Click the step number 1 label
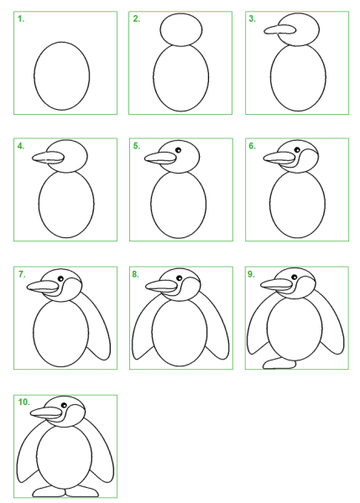[21, 19]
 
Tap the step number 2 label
[137, 19]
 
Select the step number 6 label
[252, 146]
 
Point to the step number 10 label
[24, 402]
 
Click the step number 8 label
[135, 274]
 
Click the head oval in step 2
[181, 29]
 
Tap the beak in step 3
[279, 30]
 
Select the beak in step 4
[48, 158]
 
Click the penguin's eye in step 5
[178, 150]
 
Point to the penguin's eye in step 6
[297, 150]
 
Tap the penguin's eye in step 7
[60, 278]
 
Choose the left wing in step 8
[143, 327]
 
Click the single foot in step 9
[279, 364]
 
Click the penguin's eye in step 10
[64, 406]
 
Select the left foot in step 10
[49, 492]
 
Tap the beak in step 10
[46, 412]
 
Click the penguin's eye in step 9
[295, 277]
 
